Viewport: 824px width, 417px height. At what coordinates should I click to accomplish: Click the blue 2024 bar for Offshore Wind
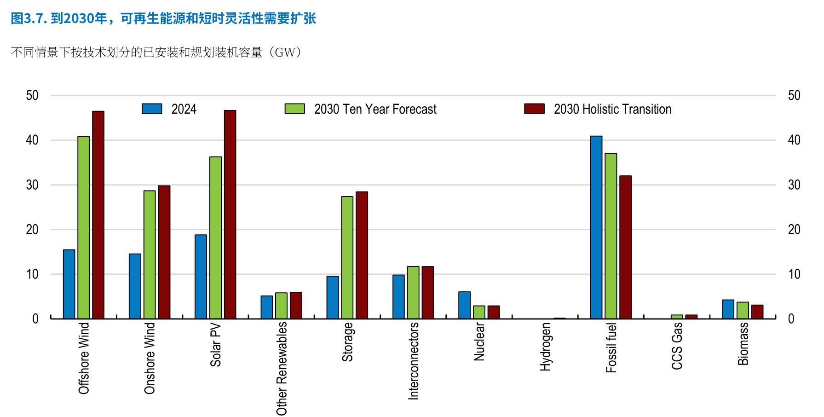[69, 284]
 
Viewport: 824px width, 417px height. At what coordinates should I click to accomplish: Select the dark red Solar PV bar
[230, 214]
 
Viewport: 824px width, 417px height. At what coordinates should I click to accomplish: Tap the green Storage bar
[347, 257]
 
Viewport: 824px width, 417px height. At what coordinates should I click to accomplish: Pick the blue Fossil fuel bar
[596, 227]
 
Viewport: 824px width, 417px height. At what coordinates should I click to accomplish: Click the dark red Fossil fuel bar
[625, 247]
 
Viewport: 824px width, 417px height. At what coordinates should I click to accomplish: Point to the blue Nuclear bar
[465, 305]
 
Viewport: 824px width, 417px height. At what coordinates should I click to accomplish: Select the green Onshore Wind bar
[150, 255]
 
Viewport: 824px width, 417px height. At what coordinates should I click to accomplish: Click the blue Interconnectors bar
[398, 297]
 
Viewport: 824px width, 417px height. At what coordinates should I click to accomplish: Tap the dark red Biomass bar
[757, 312]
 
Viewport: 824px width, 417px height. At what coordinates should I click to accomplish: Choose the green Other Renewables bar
[281, 306]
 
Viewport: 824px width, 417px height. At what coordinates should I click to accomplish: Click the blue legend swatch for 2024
[152, 109]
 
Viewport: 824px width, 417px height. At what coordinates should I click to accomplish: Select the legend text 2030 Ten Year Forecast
[375, 109]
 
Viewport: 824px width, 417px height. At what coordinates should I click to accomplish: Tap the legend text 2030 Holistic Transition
[613, 109]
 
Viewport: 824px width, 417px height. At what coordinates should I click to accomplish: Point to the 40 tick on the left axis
[32, 140]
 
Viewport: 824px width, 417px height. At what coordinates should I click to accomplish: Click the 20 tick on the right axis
[794, 229]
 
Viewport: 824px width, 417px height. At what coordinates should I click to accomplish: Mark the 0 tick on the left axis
[35, 319]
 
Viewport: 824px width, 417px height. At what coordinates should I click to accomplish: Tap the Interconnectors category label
[414, 361]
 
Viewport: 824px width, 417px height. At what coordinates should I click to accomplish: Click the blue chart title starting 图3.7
[163, 18]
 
